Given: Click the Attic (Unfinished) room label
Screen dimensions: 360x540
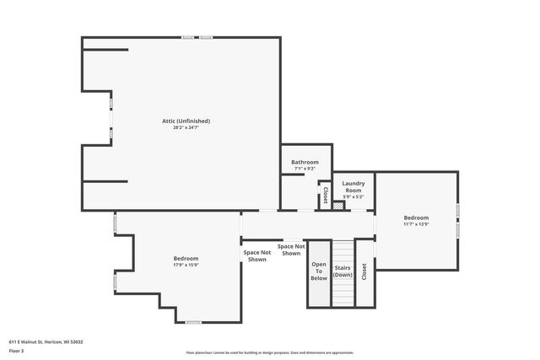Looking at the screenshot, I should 186,121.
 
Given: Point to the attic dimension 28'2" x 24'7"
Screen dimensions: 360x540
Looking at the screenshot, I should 186,127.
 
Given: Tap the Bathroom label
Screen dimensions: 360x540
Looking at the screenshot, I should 305,162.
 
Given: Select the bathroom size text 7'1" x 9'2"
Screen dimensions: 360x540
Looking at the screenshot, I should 305,169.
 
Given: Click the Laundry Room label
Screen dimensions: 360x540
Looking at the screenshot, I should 353,186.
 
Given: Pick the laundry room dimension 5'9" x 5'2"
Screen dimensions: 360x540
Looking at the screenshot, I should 353,196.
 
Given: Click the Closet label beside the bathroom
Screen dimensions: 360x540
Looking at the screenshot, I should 325,195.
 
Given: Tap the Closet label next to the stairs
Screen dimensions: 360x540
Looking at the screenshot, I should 364,271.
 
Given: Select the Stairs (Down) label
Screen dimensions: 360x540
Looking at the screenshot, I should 343,271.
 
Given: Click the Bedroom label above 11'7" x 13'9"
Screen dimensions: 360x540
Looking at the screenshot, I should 416,218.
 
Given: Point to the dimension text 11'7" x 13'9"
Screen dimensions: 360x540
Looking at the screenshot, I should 416,224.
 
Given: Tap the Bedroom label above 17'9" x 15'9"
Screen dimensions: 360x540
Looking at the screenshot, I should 186,258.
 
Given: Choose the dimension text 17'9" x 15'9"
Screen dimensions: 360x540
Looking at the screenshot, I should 186,265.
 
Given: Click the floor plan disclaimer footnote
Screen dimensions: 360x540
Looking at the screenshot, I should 270,353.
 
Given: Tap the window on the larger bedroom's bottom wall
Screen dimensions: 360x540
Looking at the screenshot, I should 193,322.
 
